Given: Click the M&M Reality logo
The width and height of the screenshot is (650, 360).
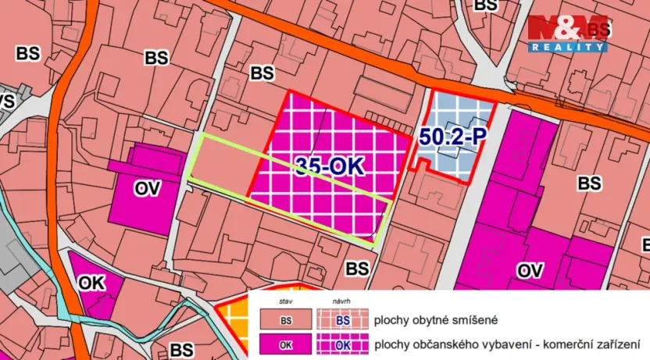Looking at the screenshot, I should tap(567, 34).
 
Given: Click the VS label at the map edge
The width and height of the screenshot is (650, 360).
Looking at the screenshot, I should tap(6, 102).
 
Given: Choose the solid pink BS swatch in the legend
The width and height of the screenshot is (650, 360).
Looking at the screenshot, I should tap(286, 320).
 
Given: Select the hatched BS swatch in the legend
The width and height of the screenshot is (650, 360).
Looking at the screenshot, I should tap(342, 320).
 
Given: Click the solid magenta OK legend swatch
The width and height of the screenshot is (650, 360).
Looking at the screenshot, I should tap(286, 344).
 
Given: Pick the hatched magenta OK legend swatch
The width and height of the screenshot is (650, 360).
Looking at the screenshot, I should tap(342, 344).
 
